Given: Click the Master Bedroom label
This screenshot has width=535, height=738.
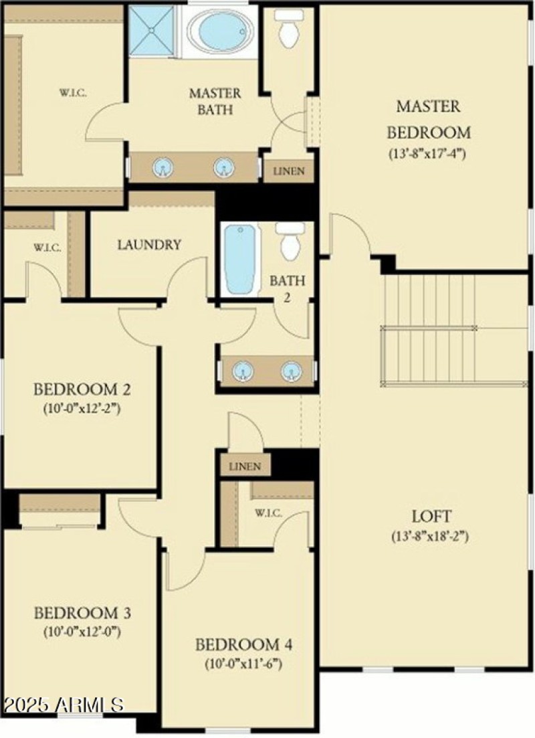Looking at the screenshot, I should click(x=428, y=118).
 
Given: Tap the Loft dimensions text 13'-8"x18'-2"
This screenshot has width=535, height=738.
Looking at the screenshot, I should click(x=431, y=537).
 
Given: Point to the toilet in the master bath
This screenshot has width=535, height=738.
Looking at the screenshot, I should click(x=289, y=31).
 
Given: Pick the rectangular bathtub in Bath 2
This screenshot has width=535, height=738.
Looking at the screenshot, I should click(x=240, y=259).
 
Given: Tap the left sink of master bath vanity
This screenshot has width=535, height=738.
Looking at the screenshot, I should click(x=163, y=168).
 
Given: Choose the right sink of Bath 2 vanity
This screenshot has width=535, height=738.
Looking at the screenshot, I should click(x=291, y=371).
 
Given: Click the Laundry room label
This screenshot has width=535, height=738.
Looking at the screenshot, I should click(x=149, y=245).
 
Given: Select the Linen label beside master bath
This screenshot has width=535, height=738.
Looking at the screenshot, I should click(x=289, y=171).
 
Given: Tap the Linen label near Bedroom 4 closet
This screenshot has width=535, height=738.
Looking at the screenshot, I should click(x=245, y=466).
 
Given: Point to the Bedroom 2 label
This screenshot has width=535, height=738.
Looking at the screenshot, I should click(x=82, y=389).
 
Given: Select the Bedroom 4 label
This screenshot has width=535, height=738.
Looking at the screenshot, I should click(x=244, y=645).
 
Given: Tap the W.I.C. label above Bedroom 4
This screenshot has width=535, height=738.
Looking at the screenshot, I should click(x=267, y=513).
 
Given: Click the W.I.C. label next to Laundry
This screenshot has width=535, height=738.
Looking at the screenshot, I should click(x=47, y=248).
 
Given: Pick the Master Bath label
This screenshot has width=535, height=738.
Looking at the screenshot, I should click(x=215, y=100).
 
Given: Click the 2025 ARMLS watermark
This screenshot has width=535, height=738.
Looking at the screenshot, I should click(x=64, y=705).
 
